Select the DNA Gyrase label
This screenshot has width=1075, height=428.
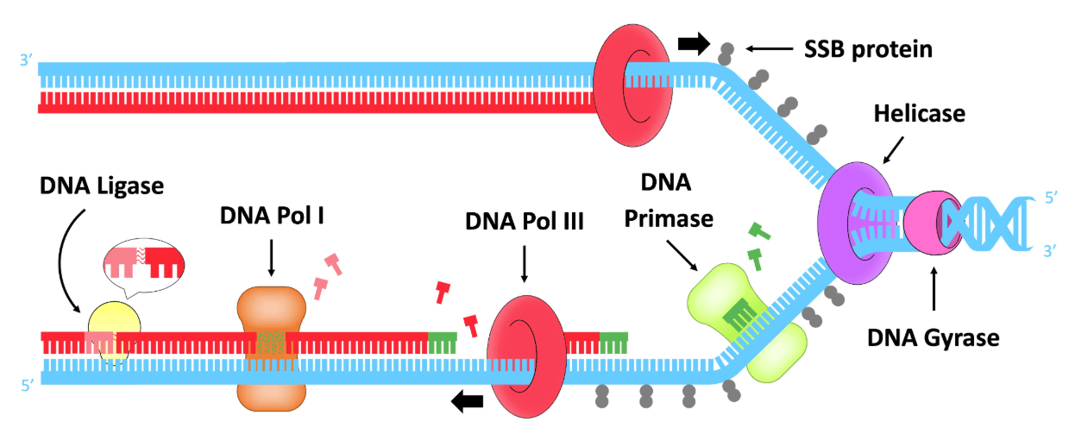pos(933,336)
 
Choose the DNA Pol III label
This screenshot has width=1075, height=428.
pos(524,221)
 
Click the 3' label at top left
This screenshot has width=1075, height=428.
pos(26,61)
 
